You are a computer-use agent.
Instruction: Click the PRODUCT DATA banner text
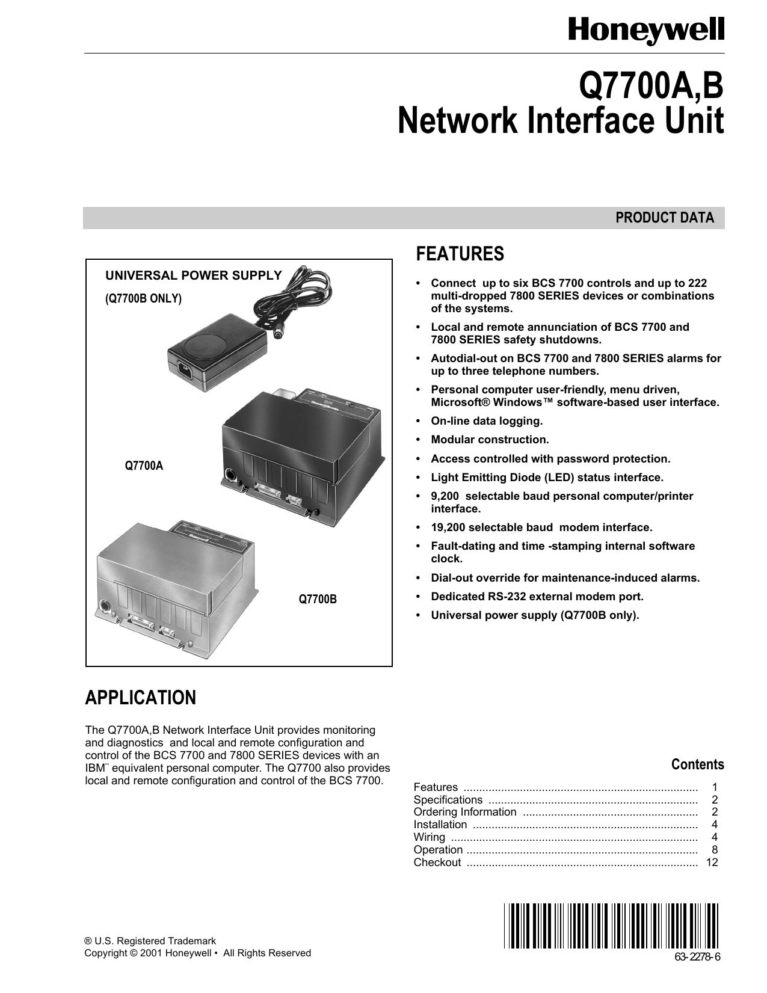664,218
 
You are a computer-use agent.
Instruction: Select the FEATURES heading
460,254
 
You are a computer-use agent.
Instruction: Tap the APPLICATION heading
141,698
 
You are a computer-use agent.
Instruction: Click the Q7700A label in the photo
144,466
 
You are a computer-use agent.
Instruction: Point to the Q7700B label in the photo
318,599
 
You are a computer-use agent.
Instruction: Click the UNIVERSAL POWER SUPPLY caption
194,275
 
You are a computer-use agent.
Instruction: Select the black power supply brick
217,355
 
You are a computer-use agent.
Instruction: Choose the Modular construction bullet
490,440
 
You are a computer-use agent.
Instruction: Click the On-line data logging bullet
487,421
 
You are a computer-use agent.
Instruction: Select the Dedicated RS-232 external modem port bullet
537,597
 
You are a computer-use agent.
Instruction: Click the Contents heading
697,764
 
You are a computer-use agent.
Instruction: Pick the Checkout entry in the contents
437,862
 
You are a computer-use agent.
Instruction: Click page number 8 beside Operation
715,850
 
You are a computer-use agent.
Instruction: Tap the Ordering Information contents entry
464,812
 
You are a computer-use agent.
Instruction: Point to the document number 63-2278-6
697,958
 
